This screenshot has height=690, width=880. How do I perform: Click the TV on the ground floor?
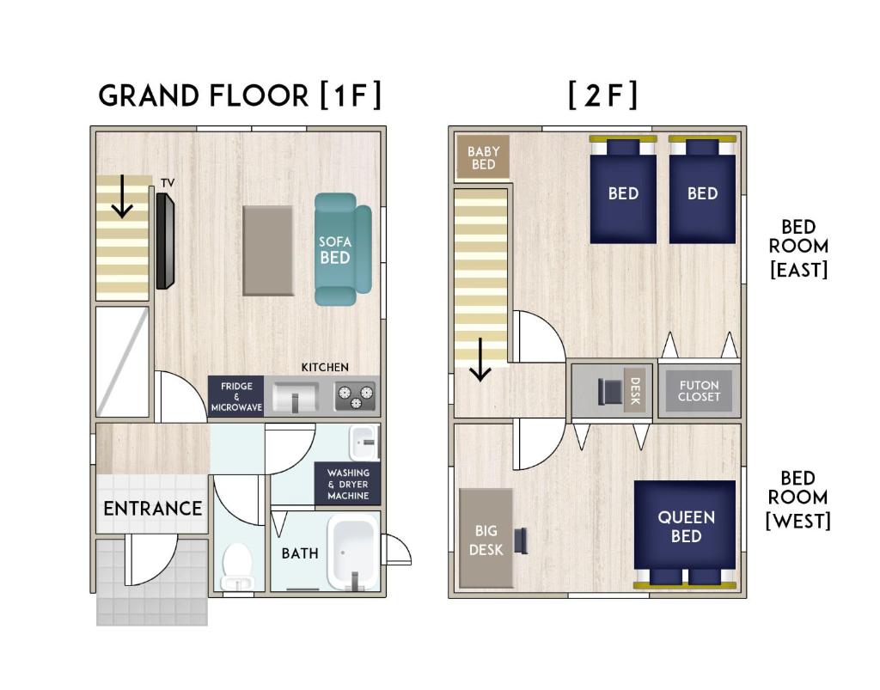point(165,241)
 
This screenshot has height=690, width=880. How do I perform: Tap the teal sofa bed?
point(342,249)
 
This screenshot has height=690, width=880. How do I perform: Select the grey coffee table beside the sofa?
point(268,250)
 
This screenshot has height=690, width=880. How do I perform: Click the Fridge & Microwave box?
point(235,396)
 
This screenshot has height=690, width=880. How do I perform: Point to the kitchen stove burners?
point(355,397)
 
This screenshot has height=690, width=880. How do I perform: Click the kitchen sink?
point(296,397)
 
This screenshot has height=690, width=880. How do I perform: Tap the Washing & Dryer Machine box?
point(347,484)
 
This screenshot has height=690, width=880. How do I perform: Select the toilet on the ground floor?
point(238,566)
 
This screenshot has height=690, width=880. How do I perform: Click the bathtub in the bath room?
point(352,553)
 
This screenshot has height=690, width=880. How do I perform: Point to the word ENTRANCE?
point(153,508)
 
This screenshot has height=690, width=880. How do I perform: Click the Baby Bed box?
point(483,157)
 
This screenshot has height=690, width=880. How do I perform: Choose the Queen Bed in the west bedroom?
point(685,533)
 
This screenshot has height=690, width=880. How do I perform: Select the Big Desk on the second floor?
point(486,539)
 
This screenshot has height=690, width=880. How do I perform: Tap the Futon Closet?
point(699,390)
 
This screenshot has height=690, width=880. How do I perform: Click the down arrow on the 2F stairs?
point(480,359)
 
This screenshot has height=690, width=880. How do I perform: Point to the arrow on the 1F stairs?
point(122,196)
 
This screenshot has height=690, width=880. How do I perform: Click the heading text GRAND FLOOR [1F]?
point(240,95)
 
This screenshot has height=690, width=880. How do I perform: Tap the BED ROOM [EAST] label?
point(798,248)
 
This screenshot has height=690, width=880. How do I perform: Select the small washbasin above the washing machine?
point(364,442)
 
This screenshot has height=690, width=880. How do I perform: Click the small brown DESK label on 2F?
point(635,390)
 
